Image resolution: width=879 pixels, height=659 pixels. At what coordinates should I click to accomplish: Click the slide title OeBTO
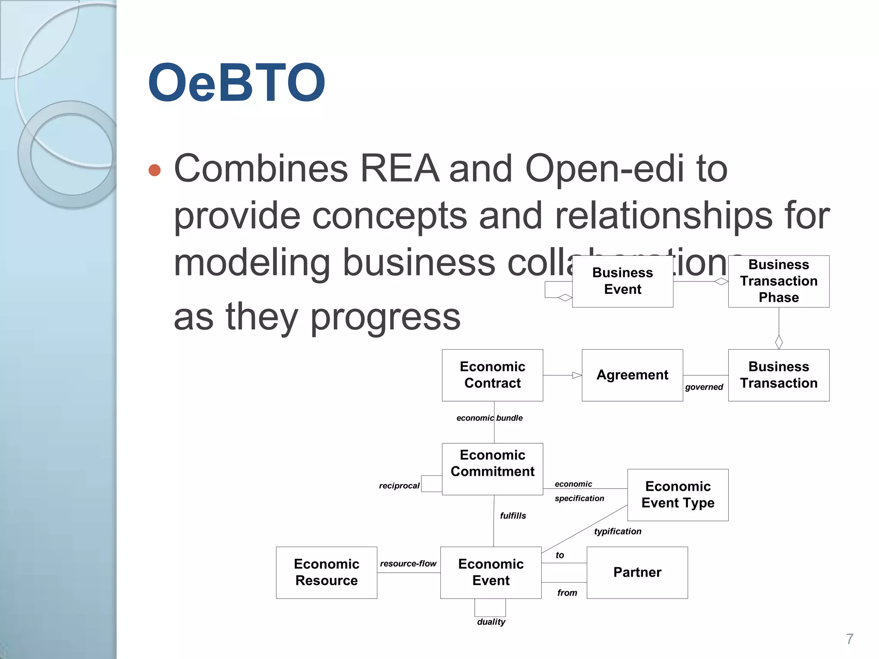click(x=236, y=82)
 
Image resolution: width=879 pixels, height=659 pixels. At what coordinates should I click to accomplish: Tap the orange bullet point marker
click(x=155, y=170)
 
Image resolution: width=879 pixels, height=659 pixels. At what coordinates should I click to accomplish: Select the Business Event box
click(x=622, y=281)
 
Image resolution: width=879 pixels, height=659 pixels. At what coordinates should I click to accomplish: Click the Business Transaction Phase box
click(x=779, y=281)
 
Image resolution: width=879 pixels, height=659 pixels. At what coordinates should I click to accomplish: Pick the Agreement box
click(x=632, y=375)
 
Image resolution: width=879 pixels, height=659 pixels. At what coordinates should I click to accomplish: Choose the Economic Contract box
click(x=492, y=375)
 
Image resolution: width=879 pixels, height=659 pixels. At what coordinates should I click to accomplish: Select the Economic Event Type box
click(x=678, y=495)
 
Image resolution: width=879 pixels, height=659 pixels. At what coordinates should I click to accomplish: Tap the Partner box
click(x=637, y=572)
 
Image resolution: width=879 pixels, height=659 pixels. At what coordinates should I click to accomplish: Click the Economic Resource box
click(x=326, y=572)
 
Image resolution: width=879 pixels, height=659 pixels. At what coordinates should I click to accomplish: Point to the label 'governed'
click(x=704, y=387)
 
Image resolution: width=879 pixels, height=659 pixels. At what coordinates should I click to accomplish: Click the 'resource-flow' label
click(x=408, y=563)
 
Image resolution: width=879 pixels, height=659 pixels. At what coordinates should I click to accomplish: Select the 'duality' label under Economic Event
click(x=491, y=622)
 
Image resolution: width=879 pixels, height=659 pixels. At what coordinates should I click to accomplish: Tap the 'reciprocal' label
click(x=399, y=486)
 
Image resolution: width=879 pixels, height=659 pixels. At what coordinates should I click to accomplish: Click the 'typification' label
click(x=618, y=531)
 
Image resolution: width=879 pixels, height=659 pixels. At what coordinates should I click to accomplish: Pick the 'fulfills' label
click(x=513, y=516)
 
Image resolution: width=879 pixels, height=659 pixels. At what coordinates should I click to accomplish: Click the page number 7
click(x=849, y=639)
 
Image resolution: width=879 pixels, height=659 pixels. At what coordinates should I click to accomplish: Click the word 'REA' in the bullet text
click(x=400, y=169)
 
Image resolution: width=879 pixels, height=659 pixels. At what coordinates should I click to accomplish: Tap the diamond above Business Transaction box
click(x=779, y=342)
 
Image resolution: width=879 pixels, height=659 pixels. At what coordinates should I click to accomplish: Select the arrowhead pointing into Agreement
click(x=577, y=375)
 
